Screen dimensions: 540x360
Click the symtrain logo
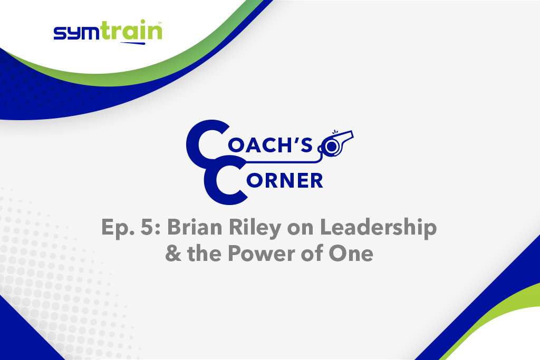pyautogui.click(x=108, y=32)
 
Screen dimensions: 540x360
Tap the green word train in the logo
pyautogui.click(x=132, y=30)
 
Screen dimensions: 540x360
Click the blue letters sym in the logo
pyautogui.click(x=78, y=34)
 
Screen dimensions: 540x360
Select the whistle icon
pyautogui.click(x=336, y=144)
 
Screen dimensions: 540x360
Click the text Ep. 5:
pyautogui.click(x=131, y=228)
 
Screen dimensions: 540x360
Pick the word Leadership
pyautogui.click(x=379, y=228)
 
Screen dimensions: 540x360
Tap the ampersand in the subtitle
pyautogui.click(x=173, y=254)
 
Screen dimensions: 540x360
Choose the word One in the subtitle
pyautogui.click(x=351, y=254)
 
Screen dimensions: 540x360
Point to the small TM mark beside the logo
pyautogui.click(x=160, y=23)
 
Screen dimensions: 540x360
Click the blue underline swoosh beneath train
pyautogui.click(x=132, y=43)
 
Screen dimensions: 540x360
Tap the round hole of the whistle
pyautogui.click(x=332, y=147)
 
